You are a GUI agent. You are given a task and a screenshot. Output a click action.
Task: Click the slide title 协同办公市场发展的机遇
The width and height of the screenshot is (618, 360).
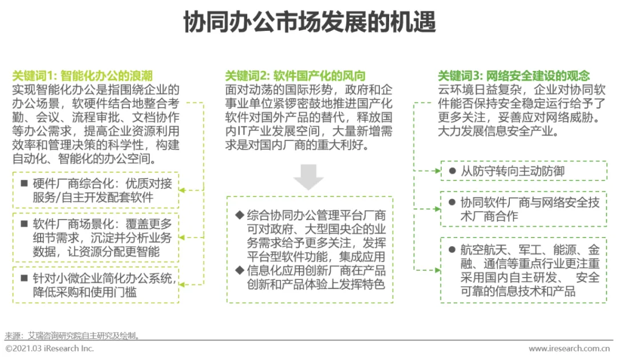click(x=309, y=23)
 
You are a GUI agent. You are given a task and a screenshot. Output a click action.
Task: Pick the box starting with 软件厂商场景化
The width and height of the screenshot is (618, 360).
click(x=95, y=237)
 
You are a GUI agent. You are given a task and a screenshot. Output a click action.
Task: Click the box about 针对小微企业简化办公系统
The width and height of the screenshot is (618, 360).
click(x=95, y=284)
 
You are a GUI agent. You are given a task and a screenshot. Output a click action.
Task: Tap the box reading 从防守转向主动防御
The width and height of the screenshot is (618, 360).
click(x=523, y=171)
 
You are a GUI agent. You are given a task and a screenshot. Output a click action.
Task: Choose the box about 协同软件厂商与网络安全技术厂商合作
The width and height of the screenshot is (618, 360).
click(x=523, y=209)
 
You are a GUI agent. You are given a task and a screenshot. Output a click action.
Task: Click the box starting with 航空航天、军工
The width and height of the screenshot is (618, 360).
click(x=523, y=270)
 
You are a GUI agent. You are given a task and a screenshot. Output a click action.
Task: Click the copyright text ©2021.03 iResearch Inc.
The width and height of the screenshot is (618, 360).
click(x=50, y=349)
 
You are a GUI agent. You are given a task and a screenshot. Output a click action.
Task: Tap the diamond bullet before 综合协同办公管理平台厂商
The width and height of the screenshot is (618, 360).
click(x=240, y=216)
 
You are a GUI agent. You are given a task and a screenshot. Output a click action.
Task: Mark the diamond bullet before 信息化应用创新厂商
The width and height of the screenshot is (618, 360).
click(x=240, y=271)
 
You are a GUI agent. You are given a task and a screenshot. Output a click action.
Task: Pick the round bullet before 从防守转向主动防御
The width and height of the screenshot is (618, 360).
click(x=453, y=171)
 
